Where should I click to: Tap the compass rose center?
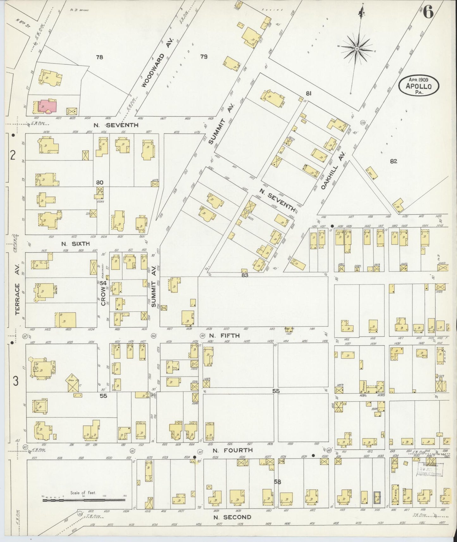pos(357,48)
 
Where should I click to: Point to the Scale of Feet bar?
pos(83,500)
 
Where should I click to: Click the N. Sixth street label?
pos(76,244)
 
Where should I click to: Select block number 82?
pos(393,161)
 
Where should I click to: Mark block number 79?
pos(204,57)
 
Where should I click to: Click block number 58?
pos(277,482)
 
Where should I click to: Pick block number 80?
pos(100,182)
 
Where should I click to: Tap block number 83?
pos(245,275)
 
